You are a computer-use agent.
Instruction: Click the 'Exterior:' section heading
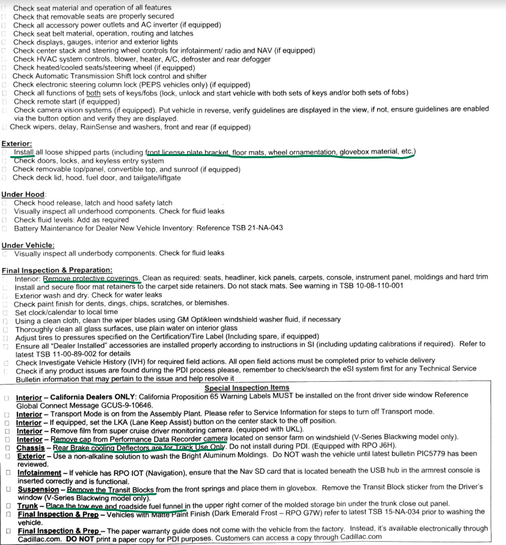pyautogui.click(x=17, y=144)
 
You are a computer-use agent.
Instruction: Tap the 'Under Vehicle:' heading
pyautogui.click(x=28, y=245)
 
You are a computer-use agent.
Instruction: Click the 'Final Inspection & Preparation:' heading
pyautogui.click(x=57, y=270)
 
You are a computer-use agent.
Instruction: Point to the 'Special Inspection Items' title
pyautogui.click(x=247, y=388)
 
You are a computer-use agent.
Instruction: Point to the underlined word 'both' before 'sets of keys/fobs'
pyautogui.click(x=93, y=93)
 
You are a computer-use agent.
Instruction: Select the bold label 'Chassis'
pyautogui.click(x=30, y=448)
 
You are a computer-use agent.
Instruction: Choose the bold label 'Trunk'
pyautogui.click(x=27, y=506)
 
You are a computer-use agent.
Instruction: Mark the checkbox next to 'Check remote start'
pyautogui.click(x=4, y=102)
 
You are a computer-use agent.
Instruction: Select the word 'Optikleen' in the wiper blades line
pyautogui.click(x=167, y=319)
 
